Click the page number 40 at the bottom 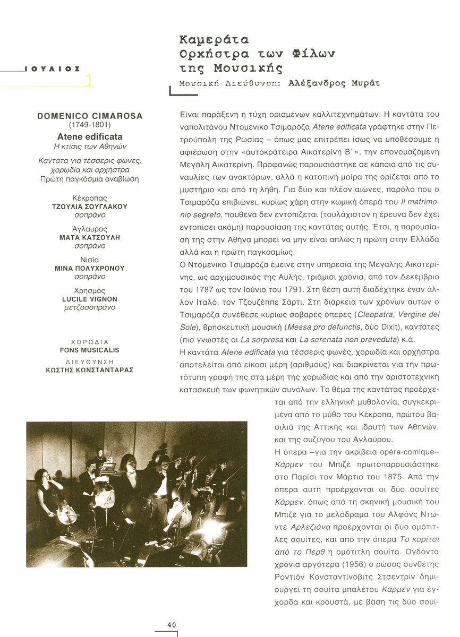tap(172, 625)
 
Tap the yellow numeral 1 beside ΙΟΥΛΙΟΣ tap(89, 81)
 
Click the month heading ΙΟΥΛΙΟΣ tap(52, 68)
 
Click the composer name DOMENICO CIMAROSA tap(90, 116)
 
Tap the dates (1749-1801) tap(90, 125)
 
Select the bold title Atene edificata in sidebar tap(90, 137)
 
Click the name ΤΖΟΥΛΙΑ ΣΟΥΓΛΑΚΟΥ tap(90, 206)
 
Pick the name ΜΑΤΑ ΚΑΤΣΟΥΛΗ tap(90, 237)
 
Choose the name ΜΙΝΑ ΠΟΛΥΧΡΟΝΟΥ tap(90, 268)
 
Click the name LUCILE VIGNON tap(90, 299)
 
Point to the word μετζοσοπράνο tap(90, 307)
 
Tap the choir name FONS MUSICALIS tap(90, 350)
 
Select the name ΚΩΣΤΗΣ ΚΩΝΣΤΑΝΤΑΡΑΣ tap(90, 369)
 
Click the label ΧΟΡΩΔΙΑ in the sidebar tap(90, 342)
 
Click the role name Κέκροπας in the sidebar tap(90, 198)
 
